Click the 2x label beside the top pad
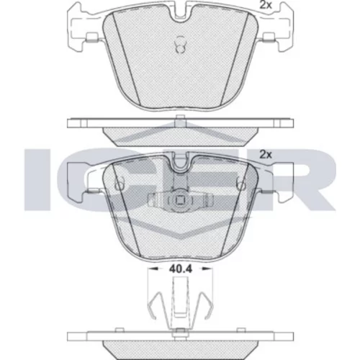266,5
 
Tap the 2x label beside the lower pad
266,155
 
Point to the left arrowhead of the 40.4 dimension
153,269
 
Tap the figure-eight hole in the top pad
180,45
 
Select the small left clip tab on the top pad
92,38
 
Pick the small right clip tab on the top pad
269,38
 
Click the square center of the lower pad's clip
180,200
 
